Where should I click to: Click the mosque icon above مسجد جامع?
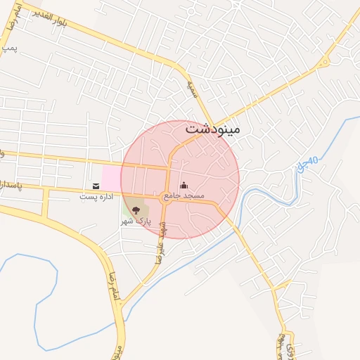[184, 185]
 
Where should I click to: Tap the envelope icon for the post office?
[96, 186]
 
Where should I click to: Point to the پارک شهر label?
[136, 221]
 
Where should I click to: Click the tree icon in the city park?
[136, 210]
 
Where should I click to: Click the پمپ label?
[8, 49]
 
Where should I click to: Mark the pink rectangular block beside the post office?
[110, 177]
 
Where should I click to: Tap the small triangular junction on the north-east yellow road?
[324, 63]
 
